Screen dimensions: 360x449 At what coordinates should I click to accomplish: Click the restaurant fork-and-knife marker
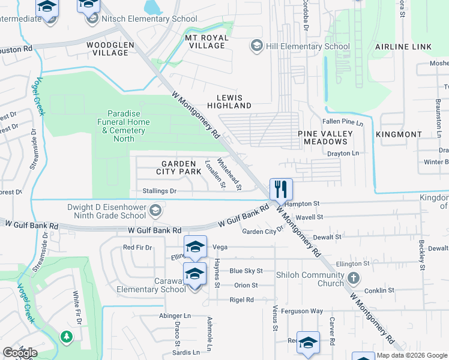coord(281,189)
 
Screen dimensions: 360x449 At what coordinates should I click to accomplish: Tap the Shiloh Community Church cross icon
coord(354,278)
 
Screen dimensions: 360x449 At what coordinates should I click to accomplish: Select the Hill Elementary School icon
coord(256,46)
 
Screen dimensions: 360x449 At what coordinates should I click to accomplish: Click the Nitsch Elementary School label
coord(142,19)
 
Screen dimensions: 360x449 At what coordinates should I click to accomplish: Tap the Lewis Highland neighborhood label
coord(229,101)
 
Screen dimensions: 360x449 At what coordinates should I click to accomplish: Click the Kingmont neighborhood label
coord(399,134)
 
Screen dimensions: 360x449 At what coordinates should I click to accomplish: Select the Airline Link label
coord(403,47)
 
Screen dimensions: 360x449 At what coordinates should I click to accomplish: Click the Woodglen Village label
coord(107,49)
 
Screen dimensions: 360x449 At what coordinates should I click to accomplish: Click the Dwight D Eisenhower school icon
coord(155,210)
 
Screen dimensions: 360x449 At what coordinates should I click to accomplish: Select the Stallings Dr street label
coord(160,191)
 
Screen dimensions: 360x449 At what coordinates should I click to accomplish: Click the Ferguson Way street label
coord(304,311)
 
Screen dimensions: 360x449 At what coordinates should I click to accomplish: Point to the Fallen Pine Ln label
coord(343,122)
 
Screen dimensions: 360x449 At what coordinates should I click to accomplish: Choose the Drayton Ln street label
coord(343,154)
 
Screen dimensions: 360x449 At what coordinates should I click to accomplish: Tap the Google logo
coord(20,353)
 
